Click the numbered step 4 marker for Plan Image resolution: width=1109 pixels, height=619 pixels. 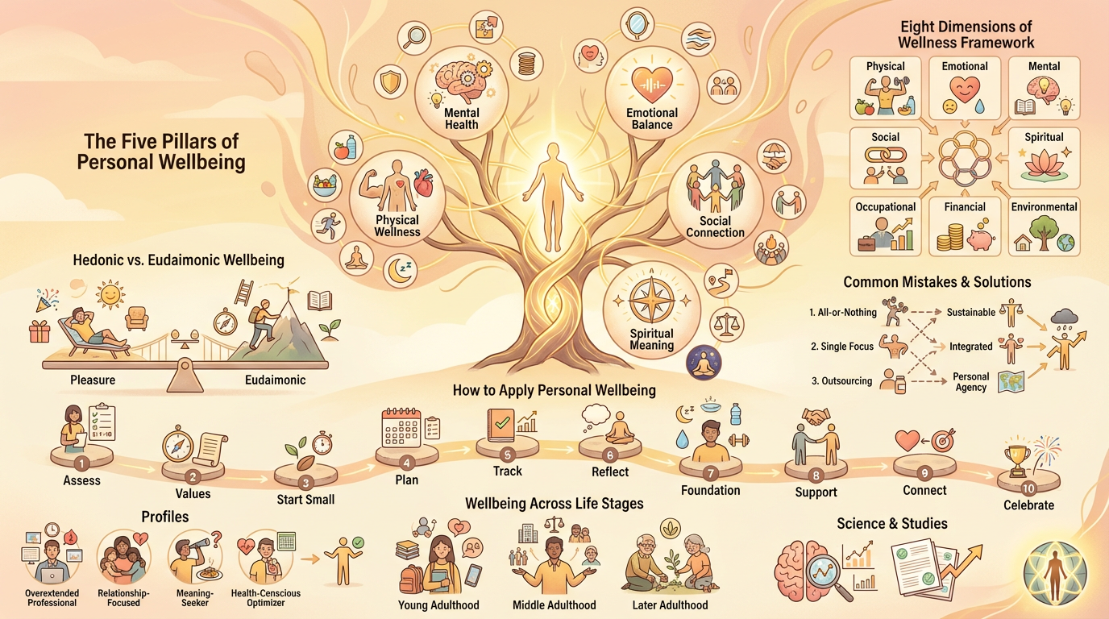(407, 463)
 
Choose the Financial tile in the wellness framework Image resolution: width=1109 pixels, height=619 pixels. (965, 226)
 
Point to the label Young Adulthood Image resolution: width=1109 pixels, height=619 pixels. (438, 604)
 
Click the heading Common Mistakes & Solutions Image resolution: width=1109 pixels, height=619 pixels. (937, 282)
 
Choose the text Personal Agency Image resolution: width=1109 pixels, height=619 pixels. (970, 382)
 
